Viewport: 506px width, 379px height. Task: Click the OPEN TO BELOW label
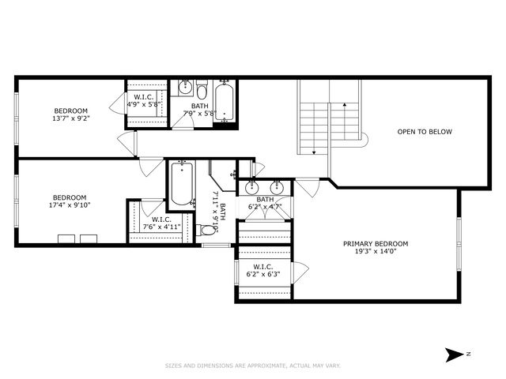pyautogui.click(x=425, y=132)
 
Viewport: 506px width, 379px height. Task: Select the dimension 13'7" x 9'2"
pyautogui.click(x=70, y=119)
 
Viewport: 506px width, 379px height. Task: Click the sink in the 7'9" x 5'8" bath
pyautogui.click(x=183, y=88)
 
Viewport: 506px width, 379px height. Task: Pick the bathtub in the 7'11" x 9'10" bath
pyautogui.click(x=181, y=183)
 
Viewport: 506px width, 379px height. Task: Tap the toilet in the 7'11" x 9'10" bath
pyautogui.click(x=207, y=230)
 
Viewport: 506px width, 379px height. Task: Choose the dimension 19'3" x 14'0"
pyautogui.click(x=375, y=253)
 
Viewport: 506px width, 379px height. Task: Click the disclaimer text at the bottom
pyautogui.click(x=252, y=366)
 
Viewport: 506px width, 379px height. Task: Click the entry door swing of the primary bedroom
pyautogui.click(x=308, y=188)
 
